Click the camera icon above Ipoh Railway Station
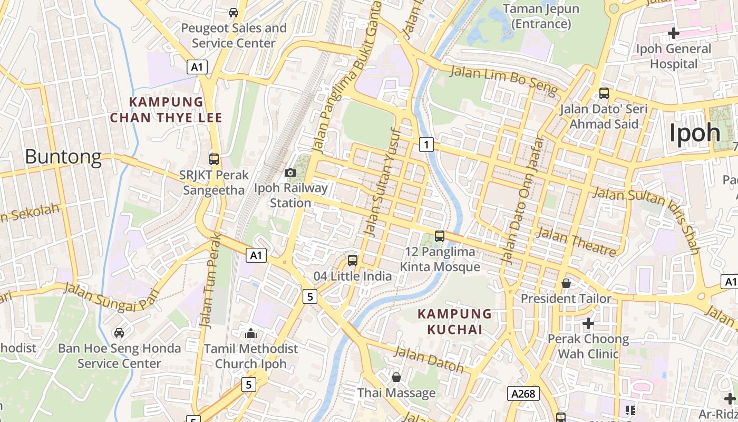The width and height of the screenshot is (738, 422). click(x=290, y=172)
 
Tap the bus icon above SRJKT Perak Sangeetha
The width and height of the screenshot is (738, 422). click(x=214, y=159)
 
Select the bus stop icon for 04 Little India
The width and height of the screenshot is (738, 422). click(x=353, y=261)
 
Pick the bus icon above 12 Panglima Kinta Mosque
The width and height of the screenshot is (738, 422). click(x=440, y=236)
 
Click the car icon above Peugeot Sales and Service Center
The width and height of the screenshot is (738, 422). click(x=234, y=12)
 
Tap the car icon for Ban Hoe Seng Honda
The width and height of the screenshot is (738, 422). click(x=119, y=333)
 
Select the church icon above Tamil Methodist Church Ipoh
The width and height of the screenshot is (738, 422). click(x=251, y=333)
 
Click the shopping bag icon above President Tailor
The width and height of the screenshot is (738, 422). click(x=566, y=283)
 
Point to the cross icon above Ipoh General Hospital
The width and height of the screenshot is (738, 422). click(x=673, y=33)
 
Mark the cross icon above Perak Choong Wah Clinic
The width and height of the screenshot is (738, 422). click(x=588, y=323)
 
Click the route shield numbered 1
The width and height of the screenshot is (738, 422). click(x=426, y=144)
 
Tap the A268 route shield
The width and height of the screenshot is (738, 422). click(x=523, y=394)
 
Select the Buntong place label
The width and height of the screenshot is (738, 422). click(x=63, y=157)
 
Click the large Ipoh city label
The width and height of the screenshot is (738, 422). click(x=695, y=133)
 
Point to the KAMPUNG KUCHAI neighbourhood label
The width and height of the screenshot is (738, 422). click(x=454, y=322)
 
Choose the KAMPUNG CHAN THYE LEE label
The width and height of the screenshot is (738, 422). click(x=166, y=110)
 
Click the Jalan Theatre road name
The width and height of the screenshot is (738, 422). click(x=576, y=242)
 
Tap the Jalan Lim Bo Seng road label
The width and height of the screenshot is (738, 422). click(x=503, y=82)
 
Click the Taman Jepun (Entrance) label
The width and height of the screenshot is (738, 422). click(x=541, y=16)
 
